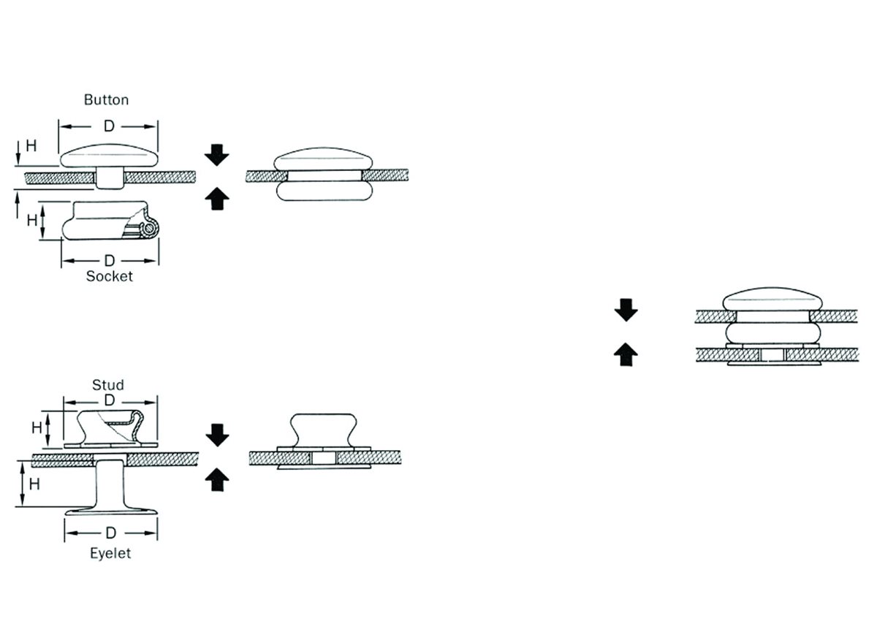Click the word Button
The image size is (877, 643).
click(x=106, y=100)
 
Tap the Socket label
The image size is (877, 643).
click(x=109, y=276)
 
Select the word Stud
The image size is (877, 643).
click(x=108, y=385)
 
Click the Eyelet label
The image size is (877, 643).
click(x=110, y=553)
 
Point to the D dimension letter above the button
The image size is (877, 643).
click(x=109, y=126)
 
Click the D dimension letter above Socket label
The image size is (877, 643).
click(x=110, y=260)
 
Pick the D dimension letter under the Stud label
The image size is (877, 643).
click(x=110, y=400)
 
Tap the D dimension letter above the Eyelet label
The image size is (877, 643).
click(x=111, y=533)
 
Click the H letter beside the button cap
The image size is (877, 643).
click(x=31, y=145)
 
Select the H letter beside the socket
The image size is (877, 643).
click(x=32, y=221)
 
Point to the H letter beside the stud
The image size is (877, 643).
click(x=37, y=427)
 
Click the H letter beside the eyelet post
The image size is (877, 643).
click(x=34, y=484)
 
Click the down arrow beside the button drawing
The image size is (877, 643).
click(x=216, y=155)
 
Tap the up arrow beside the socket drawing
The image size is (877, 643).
click(x=217, y=199)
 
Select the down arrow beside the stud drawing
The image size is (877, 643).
click(x=217, y=435)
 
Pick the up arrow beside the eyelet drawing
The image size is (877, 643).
click(x=217, y=480)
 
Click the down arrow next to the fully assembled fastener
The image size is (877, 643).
click(x=626, y=310)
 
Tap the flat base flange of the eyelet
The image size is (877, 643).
click(x=111, y=511)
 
